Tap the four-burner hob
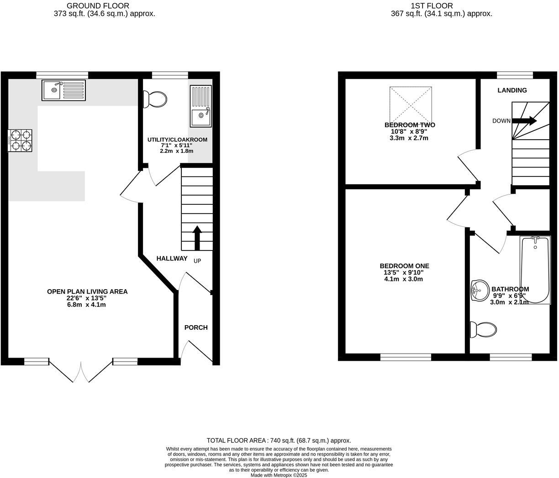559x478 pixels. pos(20,140)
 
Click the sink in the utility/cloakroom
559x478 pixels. pos(200,106)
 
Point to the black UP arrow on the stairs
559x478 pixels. pos(197,238)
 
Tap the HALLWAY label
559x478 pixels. pos(172,259)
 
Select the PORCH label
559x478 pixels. pos(196,327)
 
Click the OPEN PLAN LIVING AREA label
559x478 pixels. pos(87,291)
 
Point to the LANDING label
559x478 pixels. pos(512,90)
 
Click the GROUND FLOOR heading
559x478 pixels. pos(98,6)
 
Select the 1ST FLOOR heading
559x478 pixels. pos(432,6)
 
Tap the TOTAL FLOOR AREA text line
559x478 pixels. pos(279,441)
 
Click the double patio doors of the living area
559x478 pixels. pos(81,370)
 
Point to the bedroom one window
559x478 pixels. pos(406,357)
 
